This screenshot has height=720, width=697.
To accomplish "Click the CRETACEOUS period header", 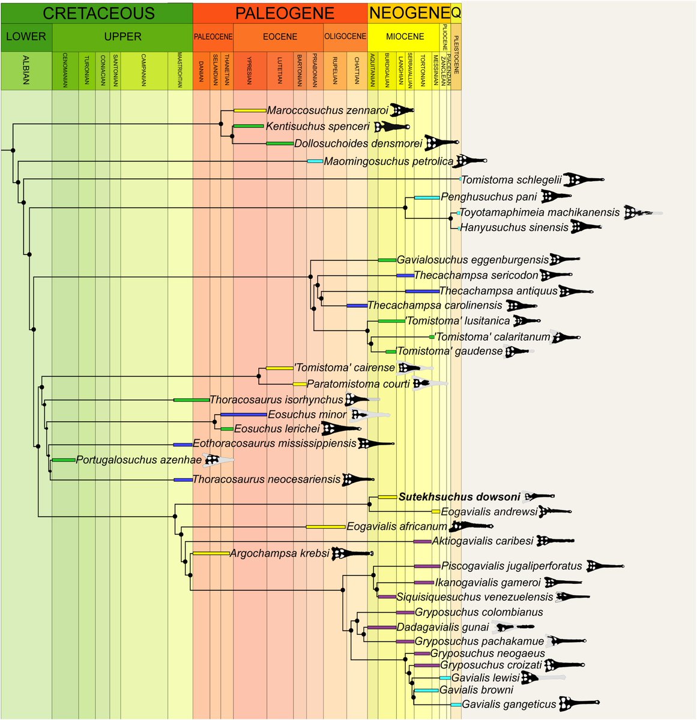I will (99, 13).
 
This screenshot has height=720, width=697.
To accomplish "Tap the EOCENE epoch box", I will (280, 37).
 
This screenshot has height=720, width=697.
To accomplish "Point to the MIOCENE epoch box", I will (405, 37).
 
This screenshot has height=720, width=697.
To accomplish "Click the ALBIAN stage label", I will (26, 71).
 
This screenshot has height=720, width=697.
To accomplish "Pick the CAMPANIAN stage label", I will (144, 71).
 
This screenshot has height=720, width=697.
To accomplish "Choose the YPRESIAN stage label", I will (249, 71).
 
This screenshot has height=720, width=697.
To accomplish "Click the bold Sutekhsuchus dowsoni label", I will (459, 497).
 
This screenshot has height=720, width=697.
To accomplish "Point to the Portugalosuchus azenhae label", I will (139, 460).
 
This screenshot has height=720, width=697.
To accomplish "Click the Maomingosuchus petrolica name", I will (388, 161).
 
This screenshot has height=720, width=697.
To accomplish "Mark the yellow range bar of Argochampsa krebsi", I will (211, 553).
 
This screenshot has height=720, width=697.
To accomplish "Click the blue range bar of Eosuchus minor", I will (243, 415).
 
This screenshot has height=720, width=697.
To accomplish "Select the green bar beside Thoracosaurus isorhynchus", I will (191, 400).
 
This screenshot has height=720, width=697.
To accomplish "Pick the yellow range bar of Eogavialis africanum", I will (325, 527).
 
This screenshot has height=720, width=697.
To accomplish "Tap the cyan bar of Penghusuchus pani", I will (427, 197).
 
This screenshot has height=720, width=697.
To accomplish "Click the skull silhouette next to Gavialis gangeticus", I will (579, 703).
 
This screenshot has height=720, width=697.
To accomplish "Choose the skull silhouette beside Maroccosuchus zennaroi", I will (402, 110).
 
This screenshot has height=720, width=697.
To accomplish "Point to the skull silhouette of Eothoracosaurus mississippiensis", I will (376, 444).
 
